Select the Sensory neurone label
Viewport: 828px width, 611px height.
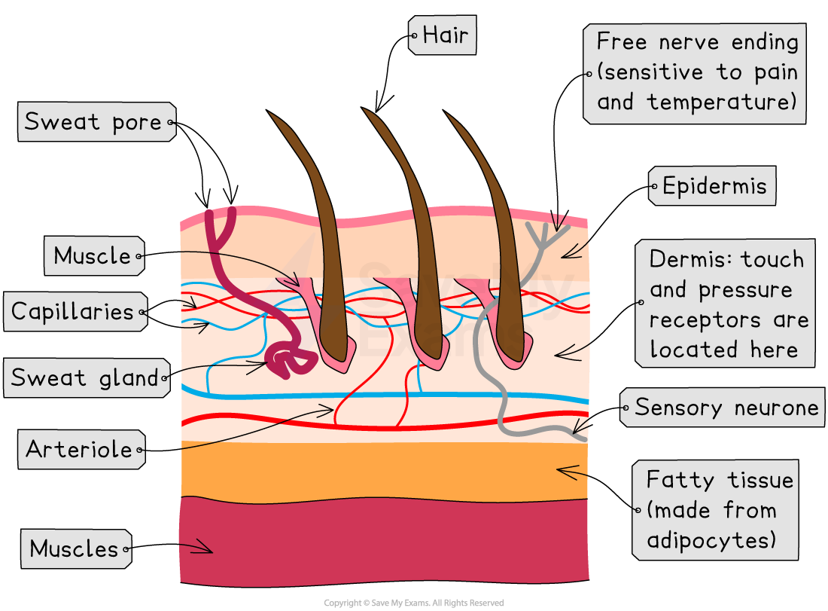coord(724,408)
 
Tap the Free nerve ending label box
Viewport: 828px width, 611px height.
coord(695,73)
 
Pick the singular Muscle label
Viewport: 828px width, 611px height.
coord(93,255)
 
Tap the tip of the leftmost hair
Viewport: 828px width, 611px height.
coord(271,115)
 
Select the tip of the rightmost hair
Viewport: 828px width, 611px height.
coord(448,115)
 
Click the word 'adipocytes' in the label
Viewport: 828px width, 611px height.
coord(711,540)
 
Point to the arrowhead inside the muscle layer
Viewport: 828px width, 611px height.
coord(209,549)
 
